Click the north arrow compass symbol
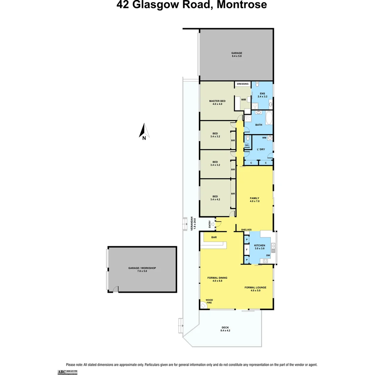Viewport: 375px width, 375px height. point(144,131)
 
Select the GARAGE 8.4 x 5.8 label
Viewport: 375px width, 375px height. point(237,55)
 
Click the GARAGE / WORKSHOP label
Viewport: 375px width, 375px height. point(142,269)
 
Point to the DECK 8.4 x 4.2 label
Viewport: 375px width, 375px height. point(225,329)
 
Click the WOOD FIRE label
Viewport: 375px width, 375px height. point(209,301)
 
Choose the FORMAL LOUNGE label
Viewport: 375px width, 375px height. point(255,289)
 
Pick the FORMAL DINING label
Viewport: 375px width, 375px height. point(217,279)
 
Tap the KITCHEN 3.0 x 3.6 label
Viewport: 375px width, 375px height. point(260,247)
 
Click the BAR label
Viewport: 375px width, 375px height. point(214,237)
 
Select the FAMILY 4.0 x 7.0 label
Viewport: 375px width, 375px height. point(255,200)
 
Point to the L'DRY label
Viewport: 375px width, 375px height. point(260,149)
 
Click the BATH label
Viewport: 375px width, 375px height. point(259,125)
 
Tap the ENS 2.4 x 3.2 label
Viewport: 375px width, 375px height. point(262,95)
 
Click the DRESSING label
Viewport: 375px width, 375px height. point(243,84)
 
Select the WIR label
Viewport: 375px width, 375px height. point(244,100)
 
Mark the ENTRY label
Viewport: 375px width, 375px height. point(210,224)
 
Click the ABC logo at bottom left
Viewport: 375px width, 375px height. point(62,372)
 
